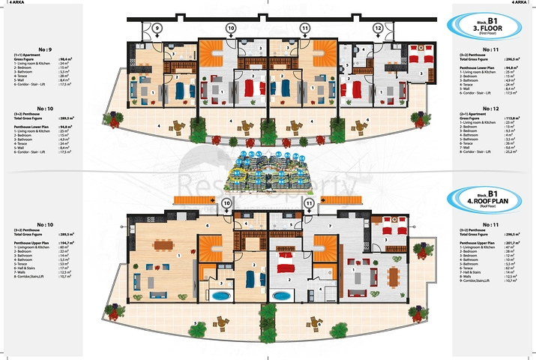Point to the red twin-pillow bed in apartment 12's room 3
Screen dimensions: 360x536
[425, 58]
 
